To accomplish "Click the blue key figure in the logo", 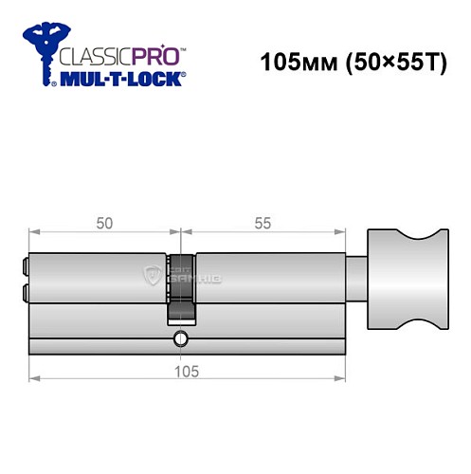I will click(39, 53).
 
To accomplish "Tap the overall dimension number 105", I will click(186, 372).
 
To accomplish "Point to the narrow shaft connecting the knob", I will click(356, 279).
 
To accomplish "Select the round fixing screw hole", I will click(181, 338).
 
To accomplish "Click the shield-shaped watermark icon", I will click(151, 276).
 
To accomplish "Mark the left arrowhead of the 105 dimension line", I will click(33, 382).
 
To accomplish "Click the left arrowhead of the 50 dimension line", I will click(33, 233).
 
